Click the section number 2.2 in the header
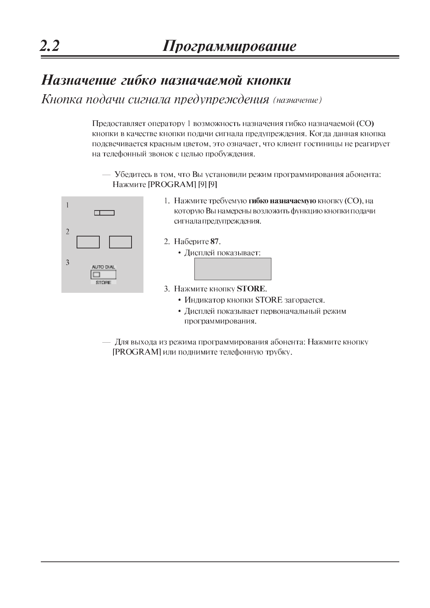50,46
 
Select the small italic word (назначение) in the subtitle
297,100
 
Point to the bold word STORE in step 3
251,289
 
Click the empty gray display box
233,269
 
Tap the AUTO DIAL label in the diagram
103,267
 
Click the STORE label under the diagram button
103,282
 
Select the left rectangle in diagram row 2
88,242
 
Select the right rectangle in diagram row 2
120,242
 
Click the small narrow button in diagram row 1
104,213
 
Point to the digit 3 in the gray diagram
68,262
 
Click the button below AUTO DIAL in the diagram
103,275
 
